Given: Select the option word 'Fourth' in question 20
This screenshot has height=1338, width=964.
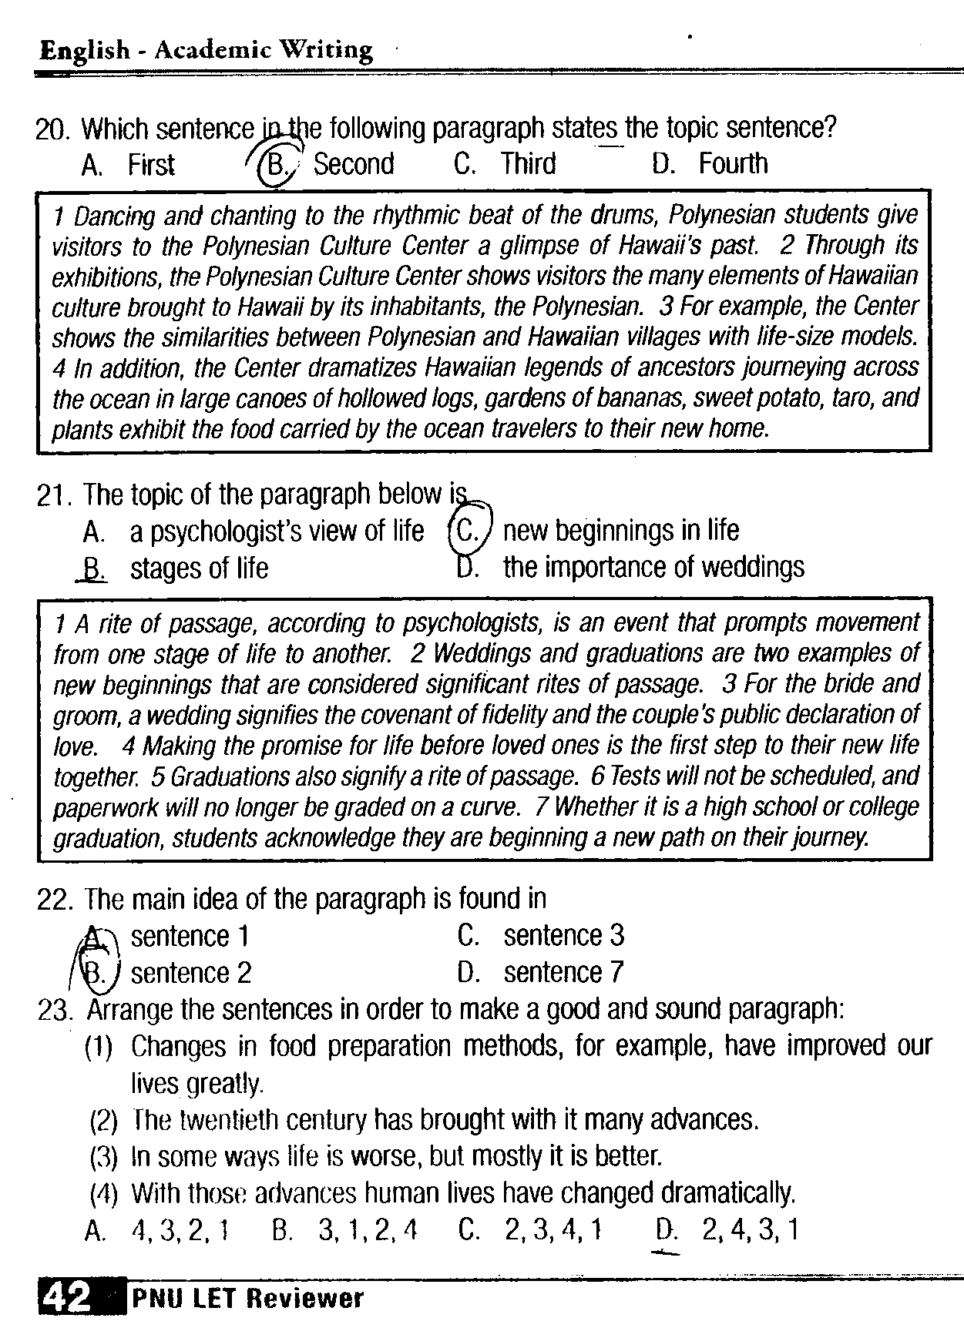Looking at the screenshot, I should click(733, 164).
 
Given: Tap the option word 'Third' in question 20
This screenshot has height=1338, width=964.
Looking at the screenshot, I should click(529, 164).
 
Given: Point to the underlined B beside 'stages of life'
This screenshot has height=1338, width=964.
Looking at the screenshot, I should click(92, 568).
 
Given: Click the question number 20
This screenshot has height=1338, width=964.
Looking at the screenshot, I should click(52, 129).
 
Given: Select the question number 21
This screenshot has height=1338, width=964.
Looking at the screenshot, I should click(52, 495).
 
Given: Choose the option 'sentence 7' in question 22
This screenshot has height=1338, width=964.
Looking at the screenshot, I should click(563, 973).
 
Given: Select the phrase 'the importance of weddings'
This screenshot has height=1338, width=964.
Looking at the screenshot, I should click(653, 568).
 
